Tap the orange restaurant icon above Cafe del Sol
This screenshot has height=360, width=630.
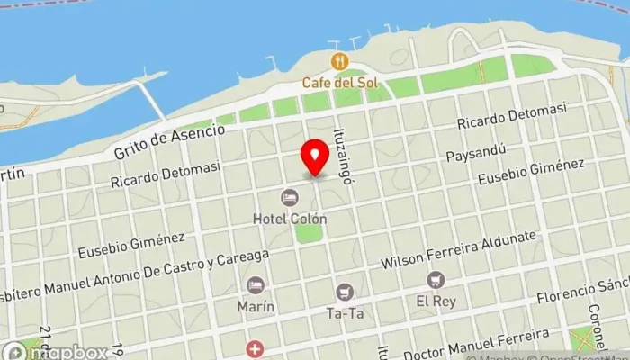(338, 61)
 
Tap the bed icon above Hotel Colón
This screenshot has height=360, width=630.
(289, 197)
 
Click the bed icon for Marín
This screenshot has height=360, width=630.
(256, 284)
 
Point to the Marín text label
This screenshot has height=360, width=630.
(255, 306)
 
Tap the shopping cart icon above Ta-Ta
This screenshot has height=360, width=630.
(344, 292)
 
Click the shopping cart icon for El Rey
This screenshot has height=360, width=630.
(436, 280)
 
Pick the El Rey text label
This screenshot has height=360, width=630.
(436, 301)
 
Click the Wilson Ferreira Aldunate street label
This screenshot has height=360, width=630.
(472, 250)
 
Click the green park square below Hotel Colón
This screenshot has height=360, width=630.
(308, 233)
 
